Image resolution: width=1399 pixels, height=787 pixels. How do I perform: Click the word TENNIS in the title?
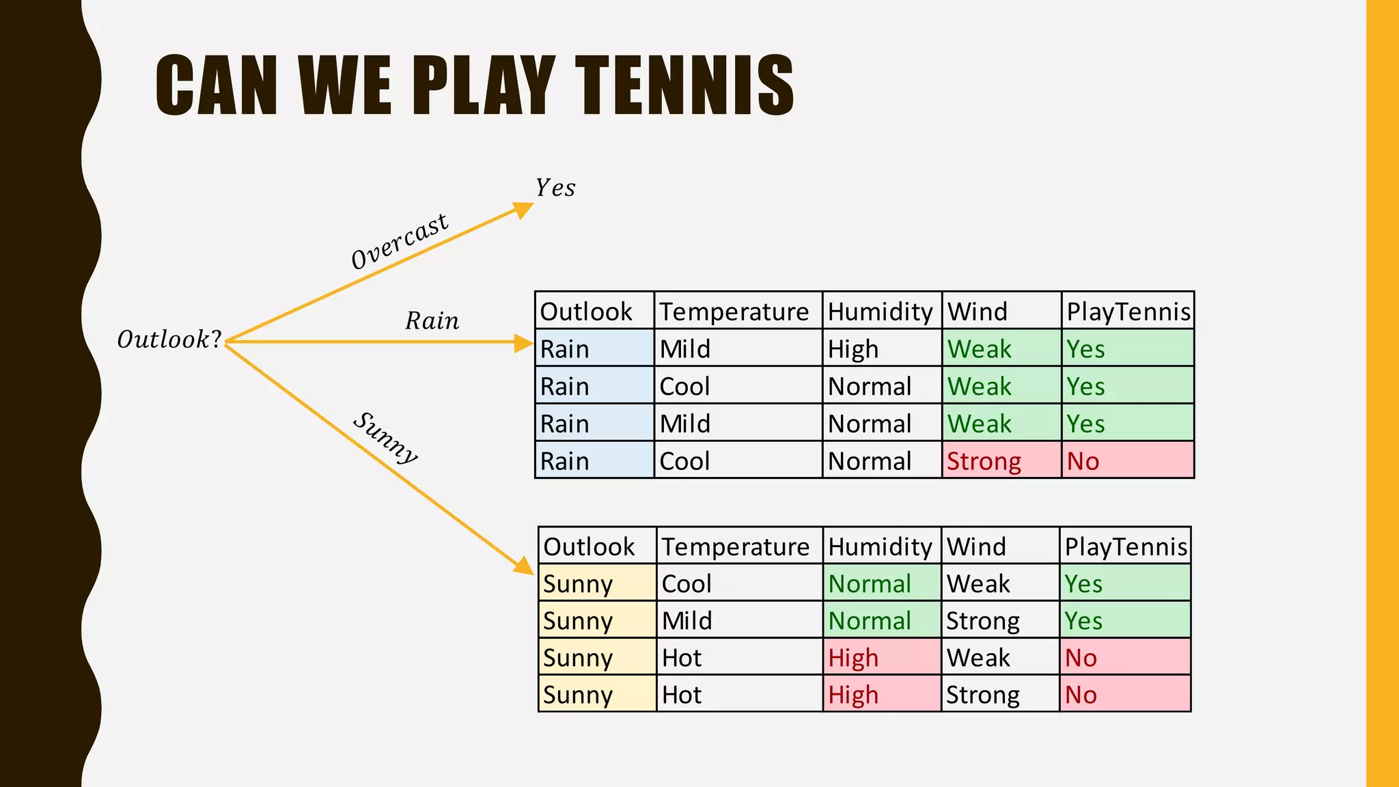685,85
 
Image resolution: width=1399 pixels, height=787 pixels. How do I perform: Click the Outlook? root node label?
169,340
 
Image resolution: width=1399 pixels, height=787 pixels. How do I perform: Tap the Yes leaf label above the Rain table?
555,188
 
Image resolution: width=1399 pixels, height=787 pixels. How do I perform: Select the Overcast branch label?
400,241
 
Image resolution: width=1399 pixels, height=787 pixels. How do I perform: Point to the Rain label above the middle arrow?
432,321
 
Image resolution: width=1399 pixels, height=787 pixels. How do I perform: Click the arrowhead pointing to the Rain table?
524,342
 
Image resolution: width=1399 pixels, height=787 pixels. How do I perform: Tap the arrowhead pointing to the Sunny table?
524,566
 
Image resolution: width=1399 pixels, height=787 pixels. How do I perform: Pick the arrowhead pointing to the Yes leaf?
523,209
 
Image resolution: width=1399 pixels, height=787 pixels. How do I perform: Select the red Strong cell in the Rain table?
984,461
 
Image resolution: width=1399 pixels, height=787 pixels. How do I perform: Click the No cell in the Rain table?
1083,461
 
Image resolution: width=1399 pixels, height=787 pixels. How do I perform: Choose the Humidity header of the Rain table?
880,312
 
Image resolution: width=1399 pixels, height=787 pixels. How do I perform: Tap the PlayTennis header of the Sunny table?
1126,547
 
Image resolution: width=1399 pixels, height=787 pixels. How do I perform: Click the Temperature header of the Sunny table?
735,547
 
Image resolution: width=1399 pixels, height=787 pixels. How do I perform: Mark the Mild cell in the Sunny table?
687,621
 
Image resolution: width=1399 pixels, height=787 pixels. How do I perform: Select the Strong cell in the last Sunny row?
982,695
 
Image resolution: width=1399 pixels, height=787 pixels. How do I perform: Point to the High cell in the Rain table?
853,349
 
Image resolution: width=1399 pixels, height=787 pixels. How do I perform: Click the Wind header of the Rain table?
977,312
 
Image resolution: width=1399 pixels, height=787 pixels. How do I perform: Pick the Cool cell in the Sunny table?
687,584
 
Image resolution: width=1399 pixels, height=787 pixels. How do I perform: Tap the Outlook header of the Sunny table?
589,547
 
